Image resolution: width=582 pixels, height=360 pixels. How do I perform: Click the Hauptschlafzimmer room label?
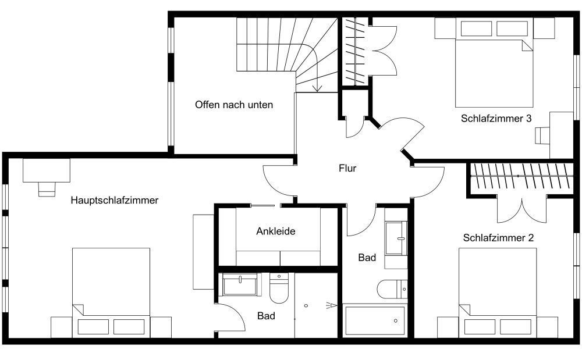click(114, 201)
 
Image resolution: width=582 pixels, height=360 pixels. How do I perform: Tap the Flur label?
click(347, 168)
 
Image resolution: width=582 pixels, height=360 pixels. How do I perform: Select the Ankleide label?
click(276, 231)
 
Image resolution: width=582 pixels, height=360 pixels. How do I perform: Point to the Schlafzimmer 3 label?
click(496, 118)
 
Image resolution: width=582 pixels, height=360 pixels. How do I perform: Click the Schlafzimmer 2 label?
click(498, 238)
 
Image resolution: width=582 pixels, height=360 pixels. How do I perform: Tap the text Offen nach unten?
click(234, 105)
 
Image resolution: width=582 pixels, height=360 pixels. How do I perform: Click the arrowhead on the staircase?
click(317, 88)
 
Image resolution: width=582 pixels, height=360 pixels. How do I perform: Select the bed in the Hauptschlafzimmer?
click(111, 293)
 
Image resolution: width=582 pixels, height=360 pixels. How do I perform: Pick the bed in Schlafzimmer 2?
click(498, 293)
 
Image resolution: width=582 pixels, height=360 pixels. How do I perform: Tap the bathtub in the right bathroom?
click(374, 320)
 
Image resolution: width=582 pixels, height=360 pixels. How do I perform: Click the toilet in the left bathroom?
click(279, 288)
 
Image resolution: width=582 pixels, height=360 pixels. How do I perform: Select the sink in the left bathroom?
click(240, 284)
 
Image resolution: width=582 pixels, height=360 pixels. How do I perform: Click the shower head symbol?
click(332, 305)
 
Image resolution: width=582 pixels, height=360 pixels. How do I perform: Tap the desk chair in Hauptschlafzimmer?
click(47, 189)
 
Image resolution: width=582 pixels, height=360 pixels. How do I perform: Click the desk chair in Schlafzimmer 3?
click(542, 136)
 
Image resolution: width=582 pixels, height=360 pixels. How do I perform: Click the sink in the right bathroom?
click(396, 238)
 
